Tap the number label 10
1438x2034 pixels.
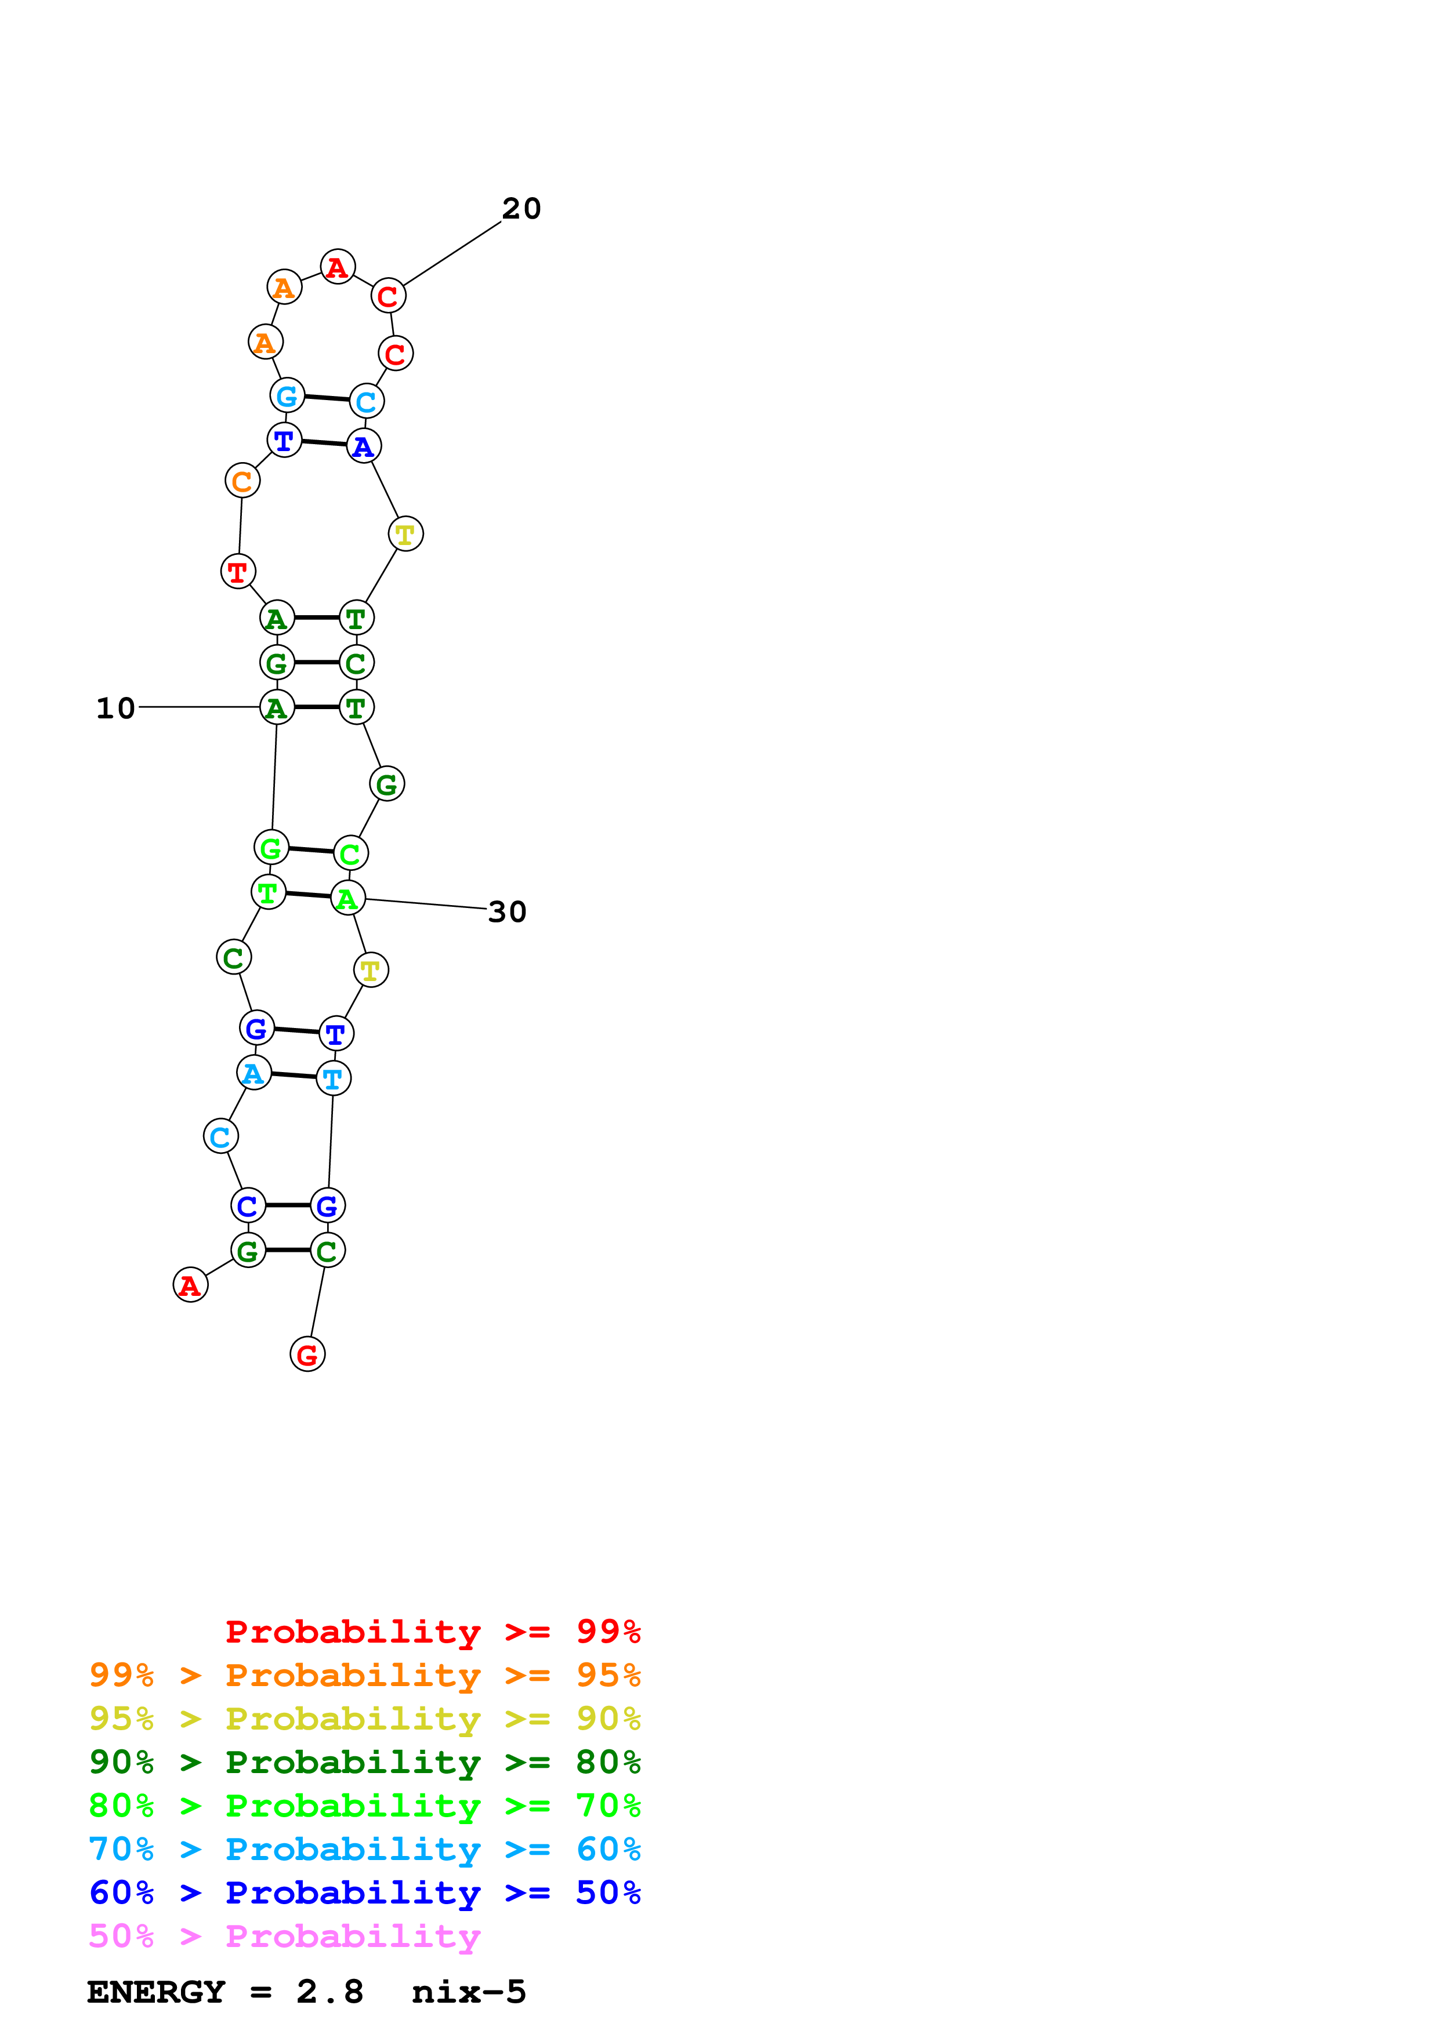(115, 709)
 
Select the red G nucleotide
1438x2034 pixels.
(307, 1354)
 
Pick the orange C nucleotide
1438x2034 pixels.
(242, 481)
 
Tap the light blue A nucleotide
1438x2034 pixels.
(254, 1074)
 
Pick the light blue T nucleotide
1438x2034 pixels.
(333, 1079)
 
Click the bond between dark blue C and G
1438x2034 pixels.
(288, 1205)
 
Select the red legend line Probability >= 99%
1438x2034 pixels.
(432, 1631)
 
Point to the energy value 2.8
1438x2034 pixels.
(329, 1992)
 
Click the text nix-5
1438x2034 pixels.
(469, 1992)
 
